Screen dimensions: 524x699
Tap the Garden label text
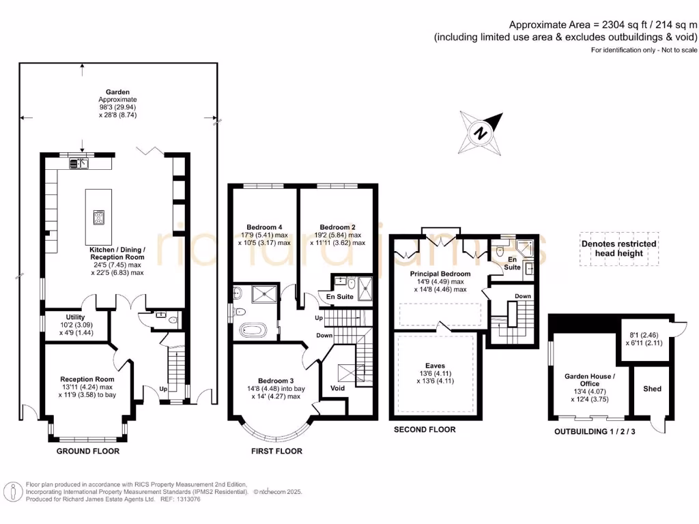(x=117, y=92)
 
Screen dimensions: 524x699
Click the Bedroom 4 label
(x=264, y=227)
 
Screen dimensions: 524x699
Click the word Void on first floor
(x=337, y=388)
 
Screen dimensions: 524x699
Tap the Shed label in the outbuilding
(x=652, y=389)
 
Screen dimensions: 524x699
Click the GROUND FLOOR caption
(x=87, y=451)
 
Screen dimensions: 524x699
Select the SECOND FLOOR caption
(x=425, y=430)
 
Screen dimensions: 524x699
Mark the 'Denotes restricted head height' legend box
(x=618, y=248)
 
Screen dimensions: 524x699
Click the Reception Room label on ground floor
(x=87, y=379)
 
